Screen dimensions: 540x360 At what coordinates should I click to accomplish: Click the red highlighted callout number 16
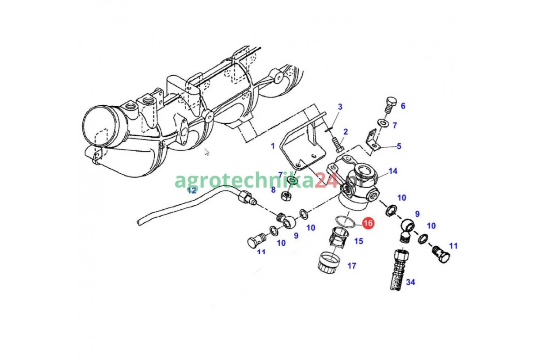368,223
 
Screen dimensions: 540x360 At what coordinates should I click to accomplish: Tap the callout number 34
410,282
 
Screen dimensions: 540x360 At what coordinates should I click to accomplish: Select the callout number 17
352,265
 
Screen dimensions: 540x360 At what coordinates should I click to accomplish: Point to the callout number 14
393,171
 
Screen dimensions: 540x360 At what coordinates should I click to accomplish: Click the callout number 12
192,191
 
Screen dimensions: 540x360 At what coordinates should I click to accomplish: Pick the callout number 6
403,106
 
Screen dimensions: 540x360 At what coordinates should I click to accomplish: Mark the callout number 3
340,107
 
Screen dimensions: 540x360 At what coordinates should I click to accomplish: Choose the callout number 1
273,146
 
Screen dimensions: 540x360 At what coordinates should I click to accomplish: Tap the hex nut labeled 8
286,196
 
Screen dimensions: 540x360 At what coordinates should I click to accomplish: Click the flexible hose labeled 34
399,270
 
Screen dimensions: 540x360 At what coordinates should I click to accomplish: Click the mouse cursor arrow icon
207,152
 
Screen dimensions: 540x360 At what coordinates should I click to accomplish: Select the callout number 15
359,241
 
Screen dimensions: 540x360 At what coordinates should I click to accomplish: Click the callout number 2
346,132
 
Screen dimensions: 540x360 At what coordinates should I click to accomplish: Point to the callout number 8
273,190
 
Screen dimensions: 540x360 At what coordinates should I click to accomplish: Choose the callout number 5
399,146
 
